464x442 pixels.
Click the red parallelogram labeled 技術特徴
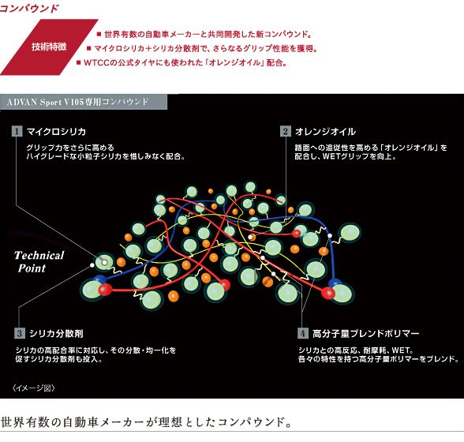click(x=49, y=47)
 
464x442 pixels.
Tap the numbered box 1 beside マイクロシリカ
click(x=17, y=131)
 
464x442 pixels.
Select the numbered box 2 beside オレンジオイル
click(x=286, y=131)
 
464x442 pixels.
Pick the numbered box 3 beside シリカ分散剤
click(x=20, y=333)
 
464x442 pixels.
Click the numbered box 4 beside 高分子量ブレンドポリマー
click(x=303, y=333)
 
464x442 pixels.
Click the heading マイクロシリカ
click(x=56, y=132)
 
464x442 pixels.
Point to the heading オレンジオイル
click(x=325, y=132)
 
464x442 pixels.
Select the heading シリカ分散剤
click(x=56, y=333)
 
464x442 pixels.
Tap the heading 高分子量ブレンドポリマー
click(x=366, y=333)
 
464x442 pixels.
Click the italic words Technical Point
click(x=39, y=262)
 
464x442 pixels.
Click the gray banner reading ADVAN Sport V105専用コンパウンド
click(x=84, y=102)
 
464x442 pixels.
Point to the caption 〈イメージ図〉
click(x=34, y=388)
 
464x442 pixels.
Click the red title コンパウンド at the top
click(x=29, y=9)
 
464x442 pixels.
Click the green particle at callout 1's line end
click(x=104, y=262)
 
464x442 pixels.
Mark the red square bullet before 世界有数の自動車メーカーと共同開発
click(x=99, y=34)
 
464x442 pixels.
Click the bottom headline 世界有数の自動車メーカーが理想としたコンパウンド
click(x=146, y=421)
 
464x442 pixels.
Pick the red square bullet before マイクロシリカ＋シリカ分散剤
click(x=88, y=48)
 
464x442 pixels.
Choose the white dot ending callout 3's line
click(x=92, y=265)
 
